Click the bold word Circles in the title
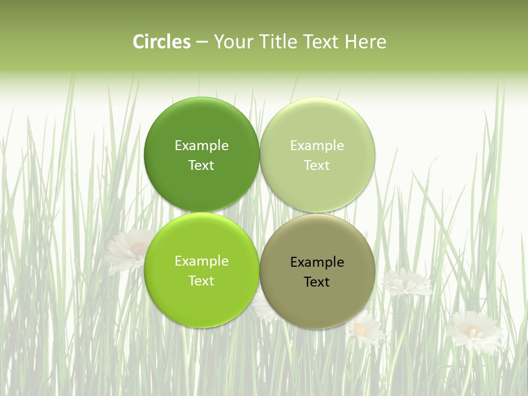point(162,42)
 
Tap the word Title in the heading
point(280,42)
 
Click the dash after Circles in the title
point(202,42)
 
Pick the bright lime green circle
point(201,302)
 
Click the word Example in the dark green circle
point(201,145)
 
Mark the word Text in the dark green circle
point(201,166)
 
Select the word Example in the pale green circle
point(317,145)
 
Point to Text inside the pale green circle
point(317,166)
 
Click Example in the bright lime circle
point(201,261)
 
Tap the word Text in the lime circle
point(201,281)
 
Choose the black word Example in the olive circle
point(317,262)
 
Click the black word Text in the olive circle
point(317,282)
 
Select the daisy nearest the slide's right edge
point(474,331)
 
